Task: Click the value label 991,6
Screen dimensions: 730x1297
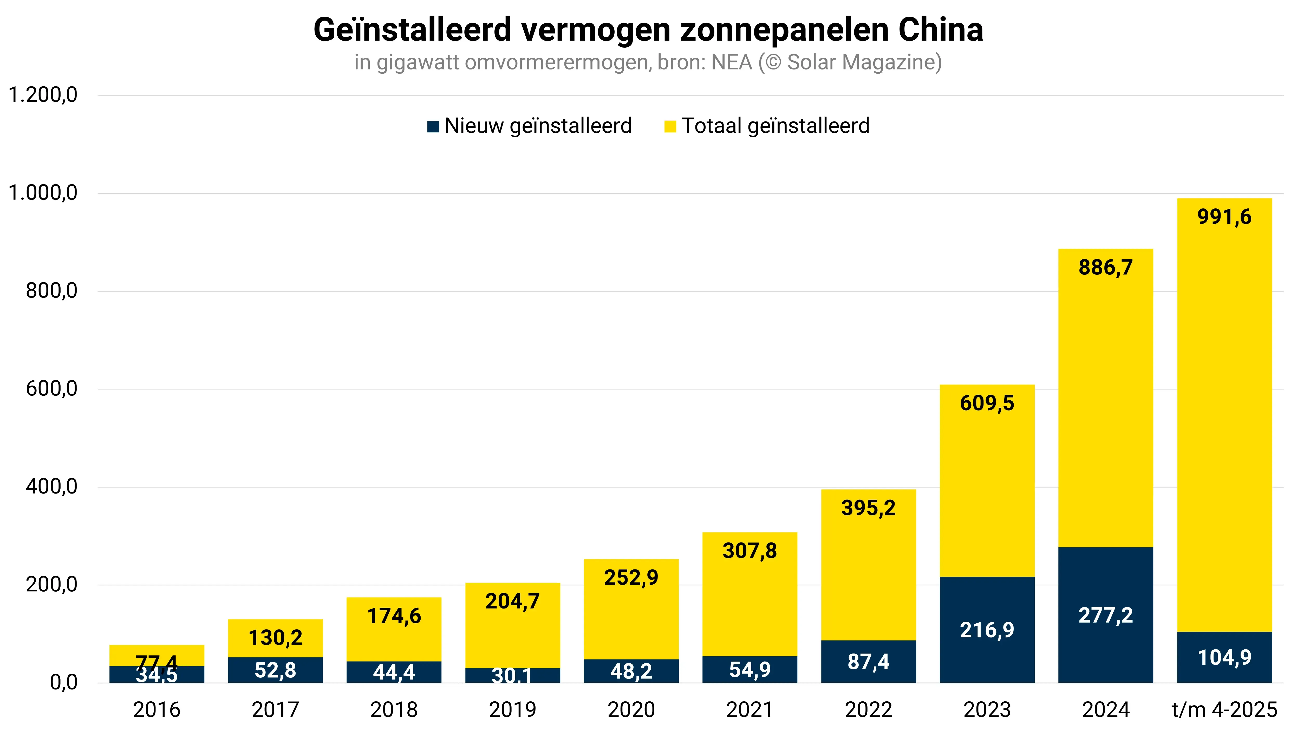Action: (1224, 217)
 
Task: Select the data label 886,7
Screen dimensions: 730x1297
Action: (1105, 267)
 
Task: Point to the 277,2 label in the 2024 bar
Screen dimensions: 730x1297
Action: (1105, 615)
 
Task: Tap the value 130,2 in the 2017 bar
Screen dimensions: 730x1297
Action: (275, 638)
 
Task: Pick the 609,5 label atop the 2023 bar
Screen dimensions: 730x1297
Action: (987, 403)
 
